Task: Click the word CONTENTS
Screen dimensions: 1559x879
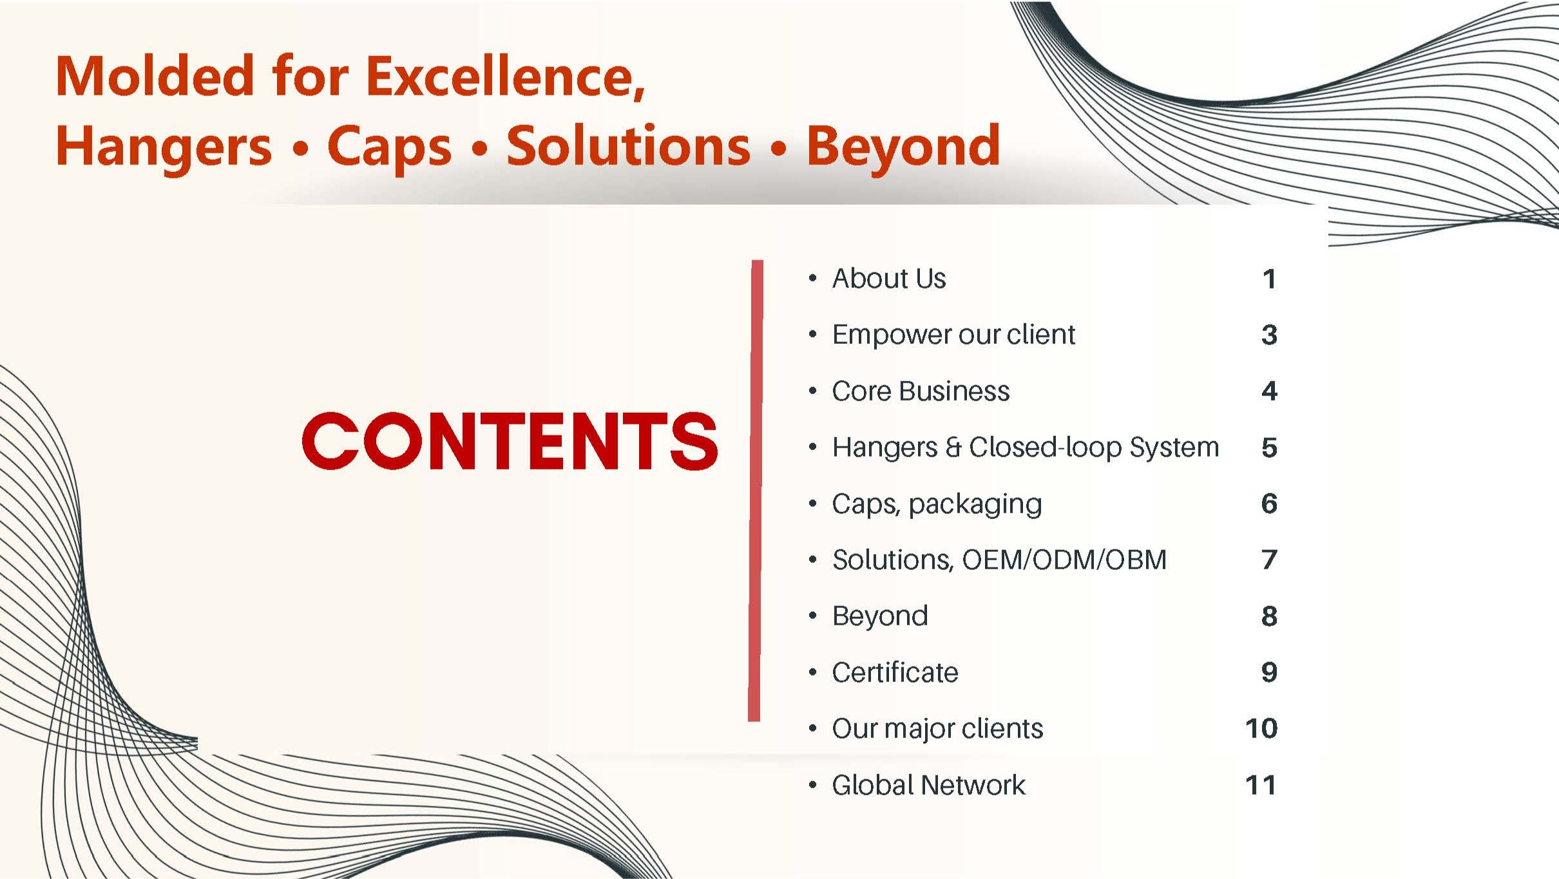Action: click(x=510, y=441)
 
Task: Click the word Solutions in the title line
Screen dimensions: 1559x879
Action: click(x=628, y=146)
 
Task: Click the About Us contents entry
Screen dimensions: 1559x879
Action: click(x=889, y=279)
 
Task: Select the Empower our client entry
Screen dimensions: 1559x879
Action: click(x=953, y=335)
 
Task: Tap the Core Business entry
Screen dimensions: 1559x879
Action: click(x=921, y=391)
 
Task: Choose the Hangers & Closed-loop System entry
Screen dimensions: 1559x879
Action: click(x=1026, y=448)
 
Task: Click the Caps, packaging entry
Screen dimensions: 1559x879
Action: click(x=937, y=504)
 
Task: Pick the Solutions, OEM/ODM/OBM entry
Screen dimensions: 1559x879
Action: click(x=999, y=560)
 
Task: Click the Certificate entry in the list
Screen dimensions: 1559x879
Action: click(x=895, y=672)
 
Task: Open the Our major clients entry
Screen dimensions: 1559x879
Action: click(x=937, y=729)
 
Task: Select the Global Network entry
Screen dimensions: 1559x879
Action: click(x=928, y=785)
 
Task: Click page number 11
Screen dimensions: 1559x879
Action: click(x=1261, y=785)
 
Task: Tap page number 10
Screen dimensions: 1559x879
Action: click(x=1261, y=728)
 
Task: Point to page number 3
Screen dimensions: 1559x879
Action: click(x=1269, y=335)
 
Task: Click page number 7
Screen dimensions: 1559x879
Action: click(x=1269, y=560)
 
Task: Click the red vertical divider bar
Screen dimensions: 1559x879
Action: click(x=756, y=491)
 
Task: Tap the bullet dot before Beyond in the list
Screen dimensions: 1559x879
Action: click(x=813, y=616)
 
